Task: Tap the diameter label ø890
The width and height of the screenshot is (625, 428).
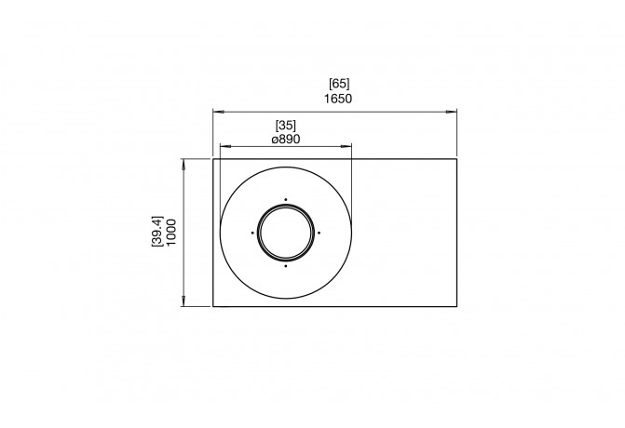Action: tap(286, 138)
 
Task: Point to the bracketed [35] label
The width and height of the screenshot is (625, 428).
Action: tap(286, 124)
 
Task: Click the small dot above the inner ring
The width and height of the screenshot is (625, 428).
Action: tap(285, 198)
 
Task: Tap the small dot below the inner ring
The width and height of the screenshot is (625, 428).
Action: tap(285, 265)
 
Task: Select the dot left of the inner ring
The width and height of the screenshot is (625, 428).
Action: tap(251, 232)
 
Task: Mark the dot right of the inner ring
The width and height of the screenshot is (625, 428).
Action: tap(319, 232)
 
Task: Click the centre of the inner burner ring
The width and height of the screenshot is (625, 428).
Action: tap(285, 232)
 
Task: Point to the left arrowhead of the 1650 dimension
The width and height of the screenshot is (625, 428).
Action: tap(216, 112)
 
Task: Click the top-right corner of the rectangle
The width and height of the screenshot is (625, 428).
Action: tap(456, 159)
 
